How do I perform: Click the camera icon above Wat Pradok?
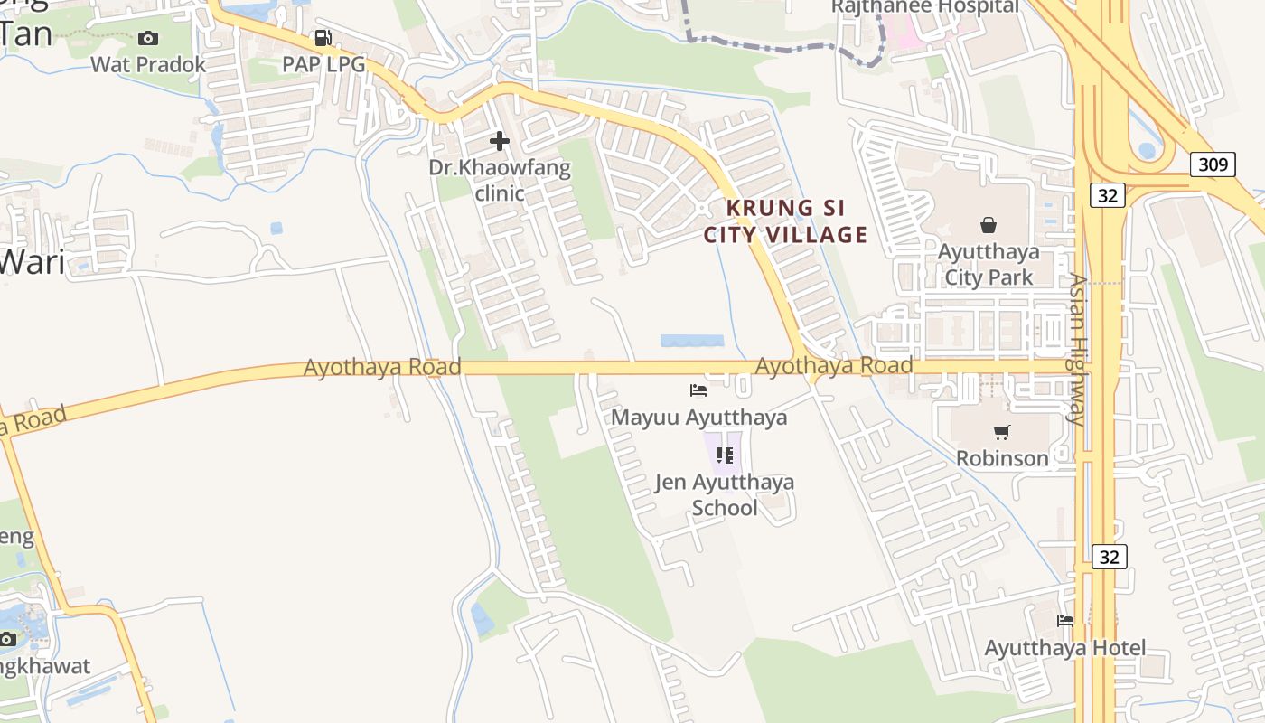click(x=148, y=38)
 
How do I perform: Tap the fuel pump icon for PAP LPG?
click(x=323, y=38)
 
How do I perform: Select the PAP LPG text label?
click(x=323, y=65)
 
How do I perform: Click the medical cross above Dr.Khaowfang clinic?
click(x=499, y=141)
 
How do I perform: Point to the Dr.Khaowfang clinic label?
click(x=500, y=180)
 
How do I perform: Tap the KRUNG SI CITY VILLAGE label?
click(x=785, y=221)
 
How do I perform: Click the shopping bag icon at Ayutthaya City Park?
click(x=989, y=224)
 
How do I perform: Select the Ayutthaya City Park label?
click(x=989, y=264)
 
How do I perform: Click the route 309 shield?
click(x=1213, y=164)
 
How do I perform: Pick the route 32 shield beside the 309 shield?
click(x=1107, y=195)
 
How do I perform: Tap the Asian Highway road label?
click(x=1076, y=349)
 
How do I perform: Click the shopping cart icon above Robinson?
click(x=1001, y=432)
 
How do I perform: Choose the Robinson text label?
click(x=1002, y=458)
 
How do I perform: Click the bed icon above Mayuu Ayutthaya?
click(x=698, y=390)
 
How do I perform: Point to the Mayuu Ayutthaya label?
click(x=698, y=418)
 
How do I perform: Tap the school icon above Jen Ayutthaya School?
click(x=724, y=455)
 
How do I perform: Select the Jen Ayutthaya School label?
click(x=724, y=494)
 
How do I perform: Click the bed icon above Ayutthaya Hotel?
click(x=1065, y=621)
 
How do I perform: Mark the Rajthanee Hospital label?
click(x=924, y=7)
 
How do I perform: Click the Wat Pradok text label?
click(x=148, y=65)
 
